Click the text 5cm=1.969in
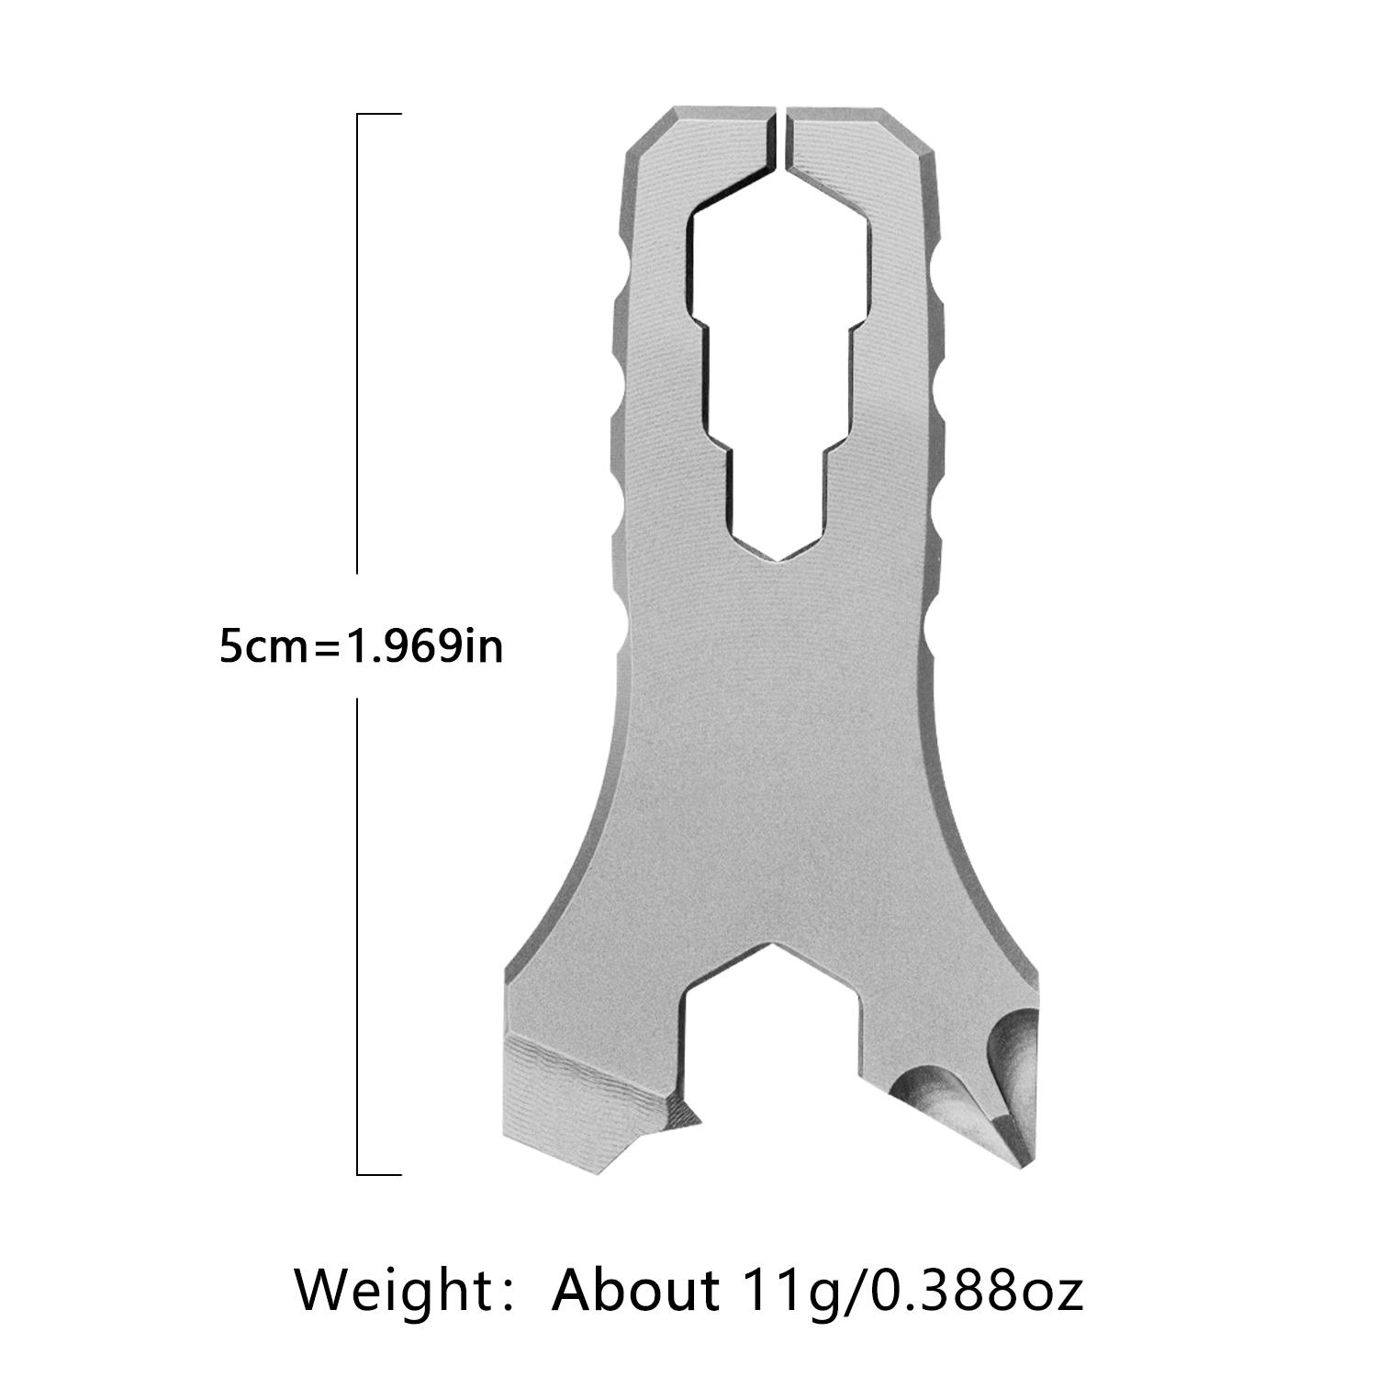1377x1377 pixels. click(x=361, y=648)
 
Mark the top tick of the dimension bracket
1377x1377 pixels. click(x=379, y=115)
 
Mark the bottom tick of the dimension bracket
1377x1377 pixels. click(x=379, y=1173)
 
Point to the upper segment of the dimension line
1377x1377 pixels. click(x=357, y=344)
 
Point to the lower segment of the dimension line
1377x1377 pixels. click(x=357, y=932)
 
